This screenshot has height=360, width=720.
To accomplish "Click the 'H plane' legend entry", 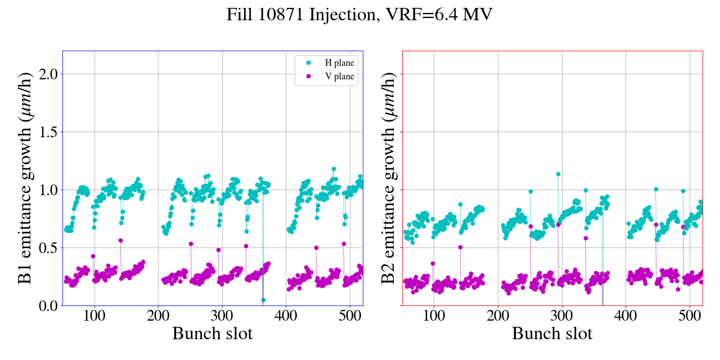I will point(339,63).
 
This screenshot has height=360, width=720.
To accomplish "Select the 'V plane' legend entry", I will point(339,77).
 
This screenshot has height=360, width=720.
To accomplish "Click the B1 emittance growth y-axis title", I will point(25,178).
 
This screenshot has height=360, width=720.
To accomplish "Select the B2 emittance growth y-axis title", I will point(388,178).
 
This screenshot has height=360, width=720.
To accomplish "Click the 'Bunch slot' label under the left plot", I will point(213,334).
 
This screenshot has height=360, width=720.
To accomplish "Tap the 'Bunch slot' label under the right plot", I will point(552,334).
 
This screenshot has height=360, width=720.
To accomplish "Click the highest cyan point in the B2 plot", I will point(558,174).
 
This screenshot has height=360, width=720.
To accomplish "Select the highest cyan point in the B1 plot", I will point(334,169).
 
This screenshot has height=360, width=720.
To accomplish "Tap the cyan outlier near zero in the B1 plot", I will point(263,300).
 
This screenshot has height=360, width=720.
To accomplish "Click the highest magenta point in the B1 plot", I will point(120,240).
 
